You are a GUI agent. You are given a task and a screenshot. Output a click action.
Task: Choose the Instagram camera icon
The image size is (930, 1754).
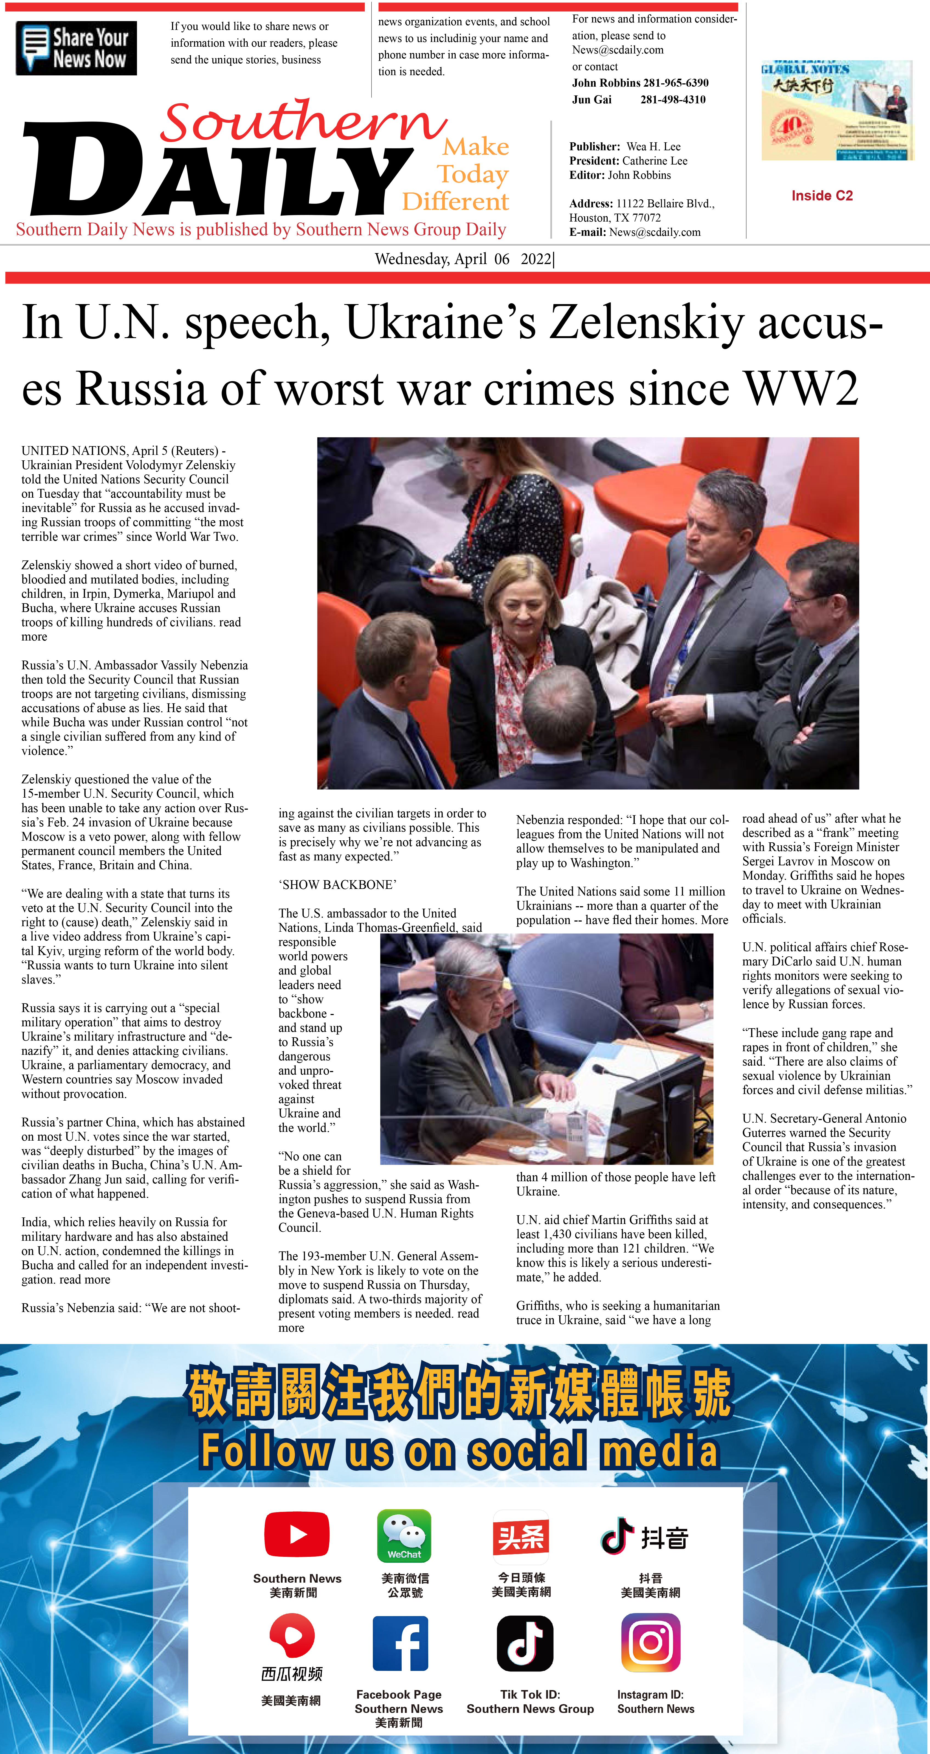651,1643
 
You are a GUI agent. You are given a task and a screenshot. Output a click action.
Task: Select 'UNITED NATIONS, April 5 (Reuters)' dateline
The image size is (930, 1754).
120,451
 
